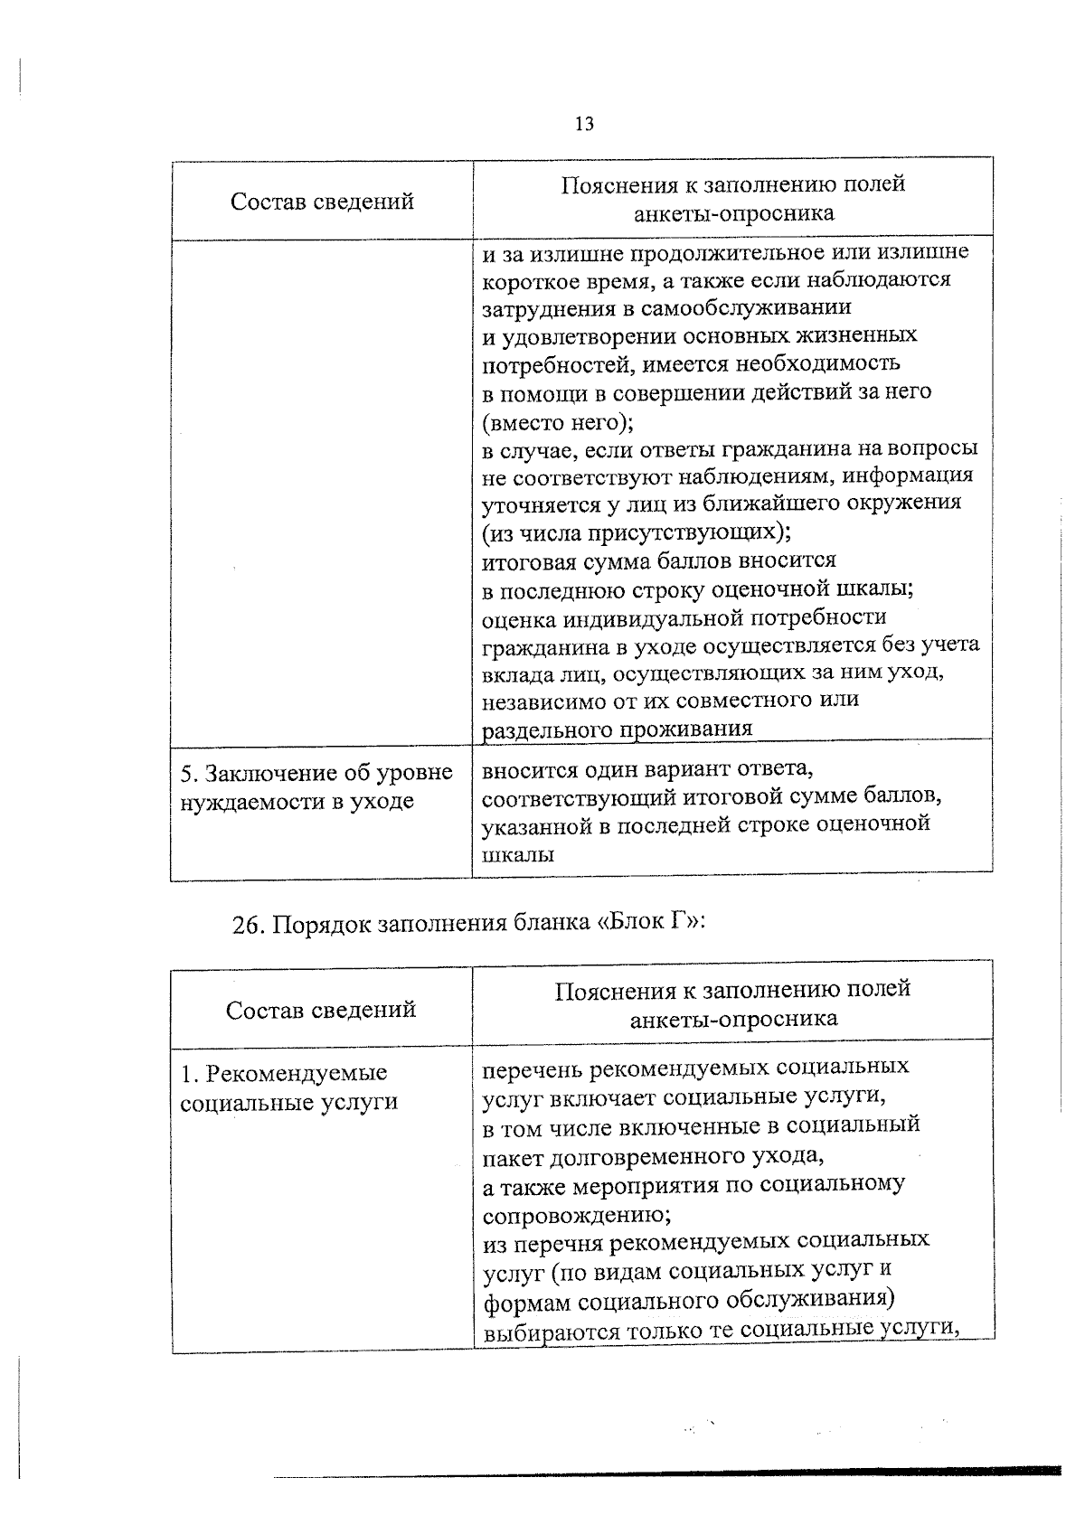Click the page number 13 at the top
pos(584,124)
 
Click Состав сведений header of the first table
pos(322,201)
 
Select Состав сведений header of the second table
pos(321,1009)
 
